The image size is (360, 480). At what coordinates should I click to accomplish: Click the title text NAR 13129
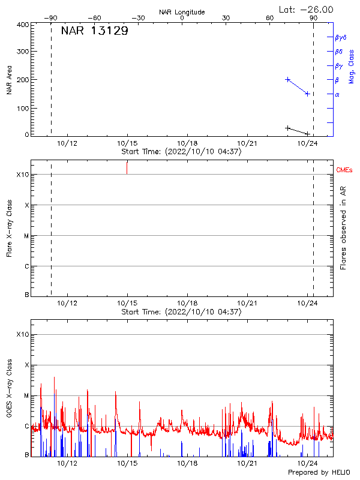pos(94,31)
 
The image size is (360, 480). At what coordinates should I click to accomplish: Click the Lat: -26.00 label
pos(307,9)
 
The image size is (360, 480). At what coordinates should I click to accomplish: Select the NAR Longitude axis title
pos(182,12)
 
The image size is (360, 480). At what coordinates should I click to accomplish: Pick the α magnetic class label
pos(337,94)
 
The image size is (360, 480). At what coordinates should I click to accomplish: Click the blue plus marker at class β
pos(288,79)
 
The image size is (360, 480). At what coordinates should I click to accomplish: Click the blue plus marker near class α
pos(307,94)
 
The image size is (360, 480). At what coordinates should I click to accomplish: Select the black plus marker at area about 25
pos(288,128)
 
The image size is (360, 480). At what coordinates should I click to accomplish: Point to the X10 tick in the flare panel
pos(22,175)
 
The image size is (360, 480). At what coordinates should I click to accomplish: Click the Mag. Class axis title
pos(352,67)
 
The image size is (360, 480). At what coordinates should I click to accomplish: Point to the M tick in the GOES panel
pos(26,395)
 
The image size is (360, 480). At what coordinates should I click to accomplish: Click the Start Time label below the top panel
pos(181,152)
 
